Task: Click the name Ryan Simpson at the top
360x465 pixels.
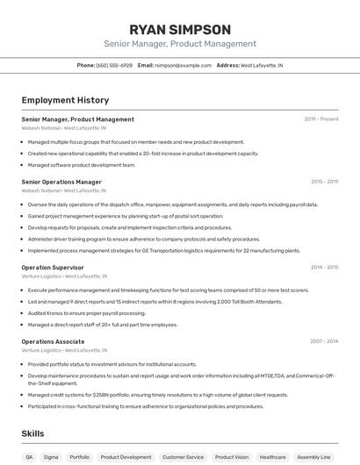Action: [180, 29]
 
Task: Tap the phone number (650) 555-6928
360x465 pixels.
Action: [115, 65]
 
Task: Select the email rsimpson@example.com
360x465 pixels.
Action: [184, 65]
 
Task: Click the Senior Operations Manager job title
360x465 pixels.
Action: [61, 182]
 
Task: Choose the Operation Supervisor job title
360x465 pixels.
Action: [53, 267]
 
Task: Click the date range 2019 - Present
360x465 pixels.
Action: [320, 119]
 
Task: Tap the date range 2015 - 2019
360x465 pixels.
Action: [324, 182]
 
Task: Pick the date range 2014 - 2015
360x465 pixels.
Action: [324, 267]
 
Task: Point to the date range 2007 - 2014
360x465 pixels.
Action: [324, 341]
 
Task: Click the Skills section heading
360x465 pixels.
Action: [33, 433]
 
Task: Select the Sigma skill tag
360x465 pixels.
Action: [51, 457]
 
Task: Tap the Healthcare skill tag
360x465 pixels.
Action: [272, 457]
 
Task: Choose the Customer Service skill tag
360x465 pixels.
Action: [183, 457]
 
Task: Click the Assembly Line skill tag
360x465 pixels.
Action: [313, 457]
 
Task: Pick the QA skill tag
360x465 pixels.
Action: [29, 457]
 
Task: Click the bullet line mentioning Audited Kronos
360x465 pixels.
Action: [86, 312]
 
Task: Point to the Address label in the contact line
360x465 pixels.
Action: [227, 65]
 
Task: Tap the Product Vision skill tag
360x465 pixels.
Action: [232, 457]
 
